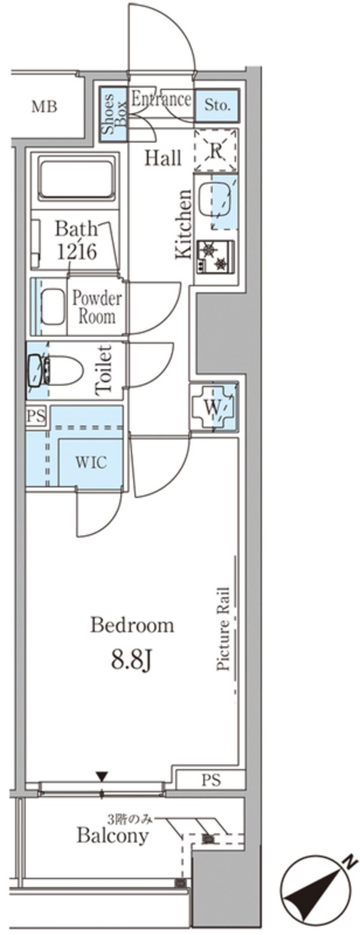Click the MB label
pos(44,107)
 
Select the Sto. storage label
pos(217,105)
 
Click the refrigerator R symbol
pos(215,151)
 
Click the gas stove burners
pos(215,257)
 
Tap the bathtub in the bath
pos(76,178)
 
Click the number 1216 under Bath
pos(77,251)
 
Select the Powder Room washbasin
pos(53,307)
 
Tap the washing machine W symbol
pos(212,407)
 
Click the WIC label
pos(91,462)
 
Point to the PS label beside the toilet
pos(36,416)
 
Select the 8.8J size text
pos(131,660)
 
